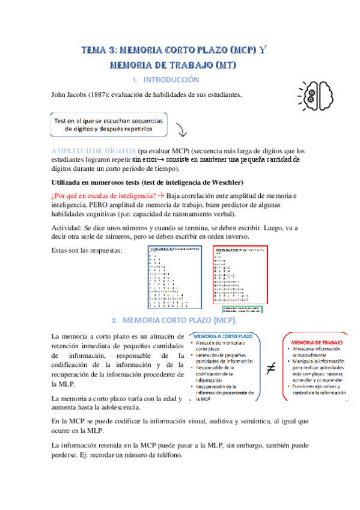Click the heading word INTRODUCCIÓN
pos(170,79)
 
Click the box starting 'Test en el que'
pos(108,124)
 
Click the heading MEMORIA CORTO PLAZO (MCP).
pos(181,320)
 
